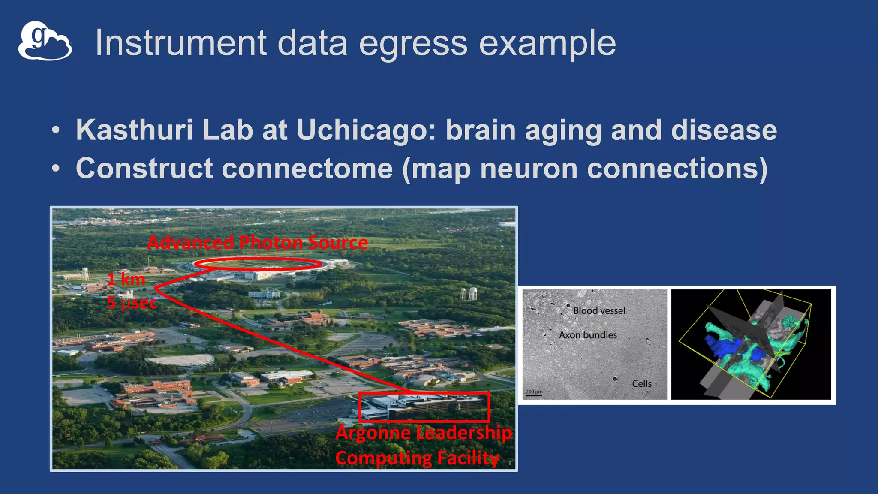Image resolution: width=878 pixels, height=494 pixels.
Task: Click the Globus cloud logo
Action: click(45, 41)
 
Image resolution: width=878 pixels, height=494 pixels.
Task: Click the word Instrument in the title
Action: click(180, 43)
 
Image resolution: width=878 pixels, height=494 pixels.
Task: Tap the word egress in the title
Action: click(412, 44)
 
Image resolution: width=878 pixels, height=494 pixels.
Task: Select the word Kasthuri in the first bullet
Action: click(134, 130)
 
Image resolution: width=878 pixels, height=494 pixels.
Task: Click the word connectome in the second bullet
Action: click(307, 169)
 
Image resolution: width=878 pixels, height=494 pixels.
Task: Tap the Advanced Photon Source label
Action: click(257, 243)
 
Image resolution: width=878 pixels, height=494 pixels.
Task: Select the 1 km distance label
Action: click(126, 280)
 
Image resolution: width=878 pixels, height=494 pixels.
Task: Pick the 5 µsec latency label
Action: click(132, 303)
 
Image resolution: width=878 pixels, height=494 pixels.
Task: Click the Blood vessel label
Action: click(599, 311)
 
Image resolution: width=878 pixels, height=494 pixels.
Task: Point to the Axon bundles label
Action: click(588, 335)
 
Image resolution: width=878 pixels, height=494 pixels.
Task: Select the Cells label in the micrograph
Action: click(641, 384)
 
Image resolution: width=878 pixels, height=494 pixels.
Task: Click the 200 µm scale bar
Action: click(534, 393)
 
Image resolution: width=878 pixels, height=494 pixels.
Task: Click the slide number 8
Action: click(510, 463)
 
